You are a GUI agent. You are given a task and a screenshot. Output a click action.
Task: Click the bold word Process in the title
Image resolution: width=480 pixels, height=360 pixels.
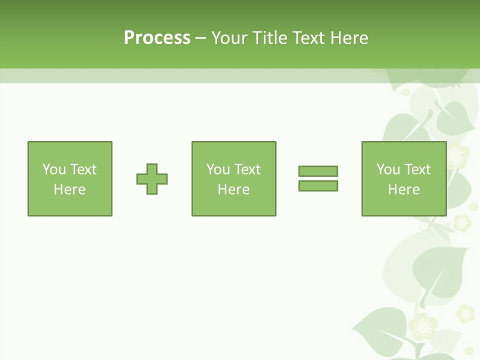click(x=157, y=38)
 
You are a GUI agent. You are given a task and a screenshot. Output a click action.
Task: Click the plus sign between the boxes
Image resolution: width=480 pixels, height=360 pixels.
click(x=152, y=179)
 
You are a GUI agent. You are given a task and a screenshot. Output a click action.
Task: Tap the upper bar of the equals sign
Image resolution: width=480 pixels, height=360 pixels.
click(x=318, y=171)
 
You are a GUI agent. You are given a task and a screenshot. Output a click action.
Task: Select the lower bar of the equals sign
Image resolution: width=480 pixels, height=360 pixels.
click(x=318, y=185)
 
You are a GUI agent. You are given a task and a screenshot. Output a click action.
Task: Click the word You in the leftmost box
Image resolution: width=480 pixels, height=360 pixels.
click(x=54, y=169)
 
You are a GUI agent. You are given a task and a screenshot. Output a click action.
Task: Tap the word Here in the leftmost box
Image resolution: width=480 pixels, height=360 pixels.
click(x=70, y=189)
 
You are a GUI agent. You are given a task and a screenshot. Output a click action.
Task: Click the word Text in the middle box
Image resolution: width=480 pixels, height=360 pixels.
click(x=248, y=169)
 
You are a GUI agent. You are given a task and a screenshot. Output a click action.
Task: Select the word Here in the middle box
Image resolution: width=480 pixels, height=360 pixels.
click(x=234, y=189)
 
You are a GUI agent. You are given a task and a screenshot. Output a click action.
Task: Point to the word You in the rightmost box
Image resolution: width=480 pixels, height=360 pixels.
click(x=388, y=169)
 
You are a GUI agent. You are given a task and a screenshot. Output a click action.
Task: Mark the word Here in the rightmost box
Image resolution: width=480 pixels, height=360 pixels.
click(x=404, y=189)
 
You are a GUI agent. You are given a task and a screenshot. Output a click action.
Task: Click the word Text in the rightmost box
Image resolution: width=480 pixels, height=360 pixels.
click(x=418, y=169)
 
